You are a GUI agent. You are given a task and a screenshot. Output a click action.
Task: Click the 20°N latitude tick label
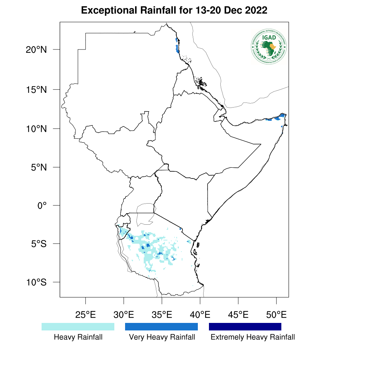36,49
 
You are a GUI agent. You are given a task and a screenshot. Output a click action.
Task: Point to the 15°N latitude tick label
36,89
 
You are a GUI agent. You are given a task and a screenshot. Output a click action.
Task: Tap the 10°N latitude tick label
36,129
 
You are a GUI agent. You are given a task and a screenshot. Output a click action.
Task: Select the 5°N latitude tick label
39,167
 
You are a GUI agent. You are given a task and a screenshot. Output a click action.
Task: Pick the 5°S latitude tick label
39,244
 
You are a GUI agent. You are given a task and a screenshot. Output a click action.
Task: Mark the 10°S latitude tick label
36,282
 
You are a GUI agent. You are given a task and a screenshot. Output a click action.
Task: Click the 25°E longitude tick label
85,315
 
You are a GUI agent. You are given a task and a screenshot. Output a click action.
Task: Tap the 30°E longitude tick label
124,315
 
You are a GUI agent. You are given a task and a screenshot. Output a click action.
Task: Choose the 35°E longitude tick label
162,315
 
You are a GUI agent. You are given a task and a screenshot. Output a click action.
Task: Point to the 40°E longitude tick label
200,315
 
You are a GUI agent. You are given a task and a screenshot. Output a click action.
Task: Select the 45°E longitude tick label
238,315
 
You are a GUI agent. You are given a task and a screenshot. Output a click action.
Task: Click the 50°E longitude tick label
276,315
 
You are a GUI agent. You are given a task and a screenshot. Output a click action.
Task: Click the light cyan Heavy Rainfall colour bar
78,327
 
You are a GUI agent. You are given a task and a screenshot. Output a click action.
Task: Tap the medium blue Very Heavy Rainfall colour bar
161,327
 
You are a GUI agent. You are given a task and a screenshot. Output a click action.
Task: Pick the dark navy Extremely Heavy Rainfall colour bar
245,327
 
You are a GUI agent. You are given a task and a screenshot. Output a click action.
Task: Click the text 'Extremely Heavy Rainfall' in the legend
253,337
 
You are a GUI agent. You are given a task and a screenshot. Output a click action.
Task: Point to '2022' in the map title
256,10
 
